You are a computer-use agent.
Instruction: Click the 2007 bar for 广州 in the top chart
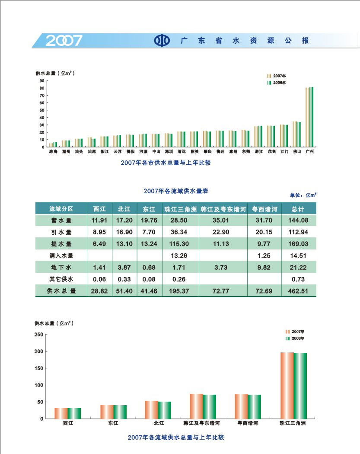point(307,117)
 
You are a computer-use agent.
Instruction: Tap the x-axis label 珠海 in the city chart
point(53,152)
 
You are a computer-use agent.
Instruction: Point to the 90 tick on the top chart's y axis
point(41,80)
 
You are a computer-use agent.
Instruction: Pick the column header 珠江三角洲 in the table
point(180,209)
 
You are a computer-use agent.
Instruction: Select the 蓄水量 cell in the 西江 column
point(99,221)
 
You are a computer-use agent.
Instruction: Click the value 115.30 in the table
point(180,244)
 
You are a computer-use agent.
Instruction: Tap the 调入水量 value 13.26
point(180,256)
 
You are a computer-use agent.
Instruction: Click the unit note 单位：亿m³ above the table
point(303,195)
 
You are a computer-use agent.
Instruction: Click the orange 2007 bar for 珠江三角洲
point(287,385)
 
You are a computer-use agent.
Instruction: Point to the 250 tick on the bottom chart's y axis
point(38,335)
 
